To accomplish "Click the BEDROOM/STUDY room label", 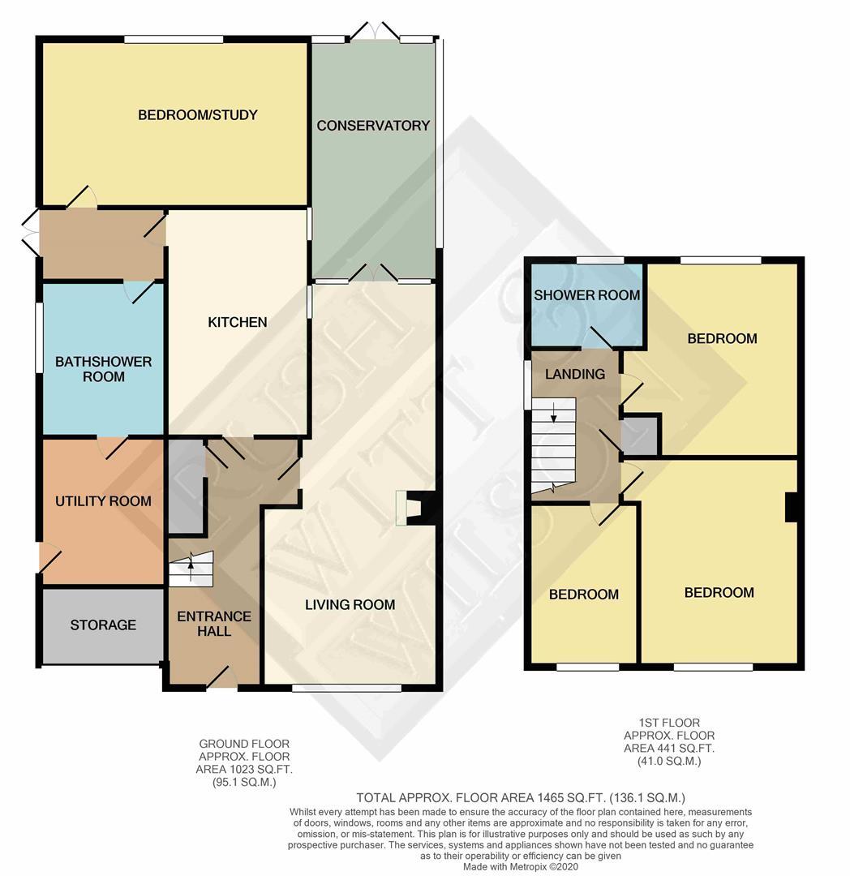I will (x=197, y=115).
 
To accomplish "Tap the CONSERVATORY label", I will (x=373, y=126).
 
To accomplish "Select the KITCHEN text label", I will (x=238, y=323).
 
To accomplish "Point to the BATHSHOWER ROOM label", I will (x=103, y=369).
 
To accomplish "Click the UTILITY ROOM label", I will (x=103, y=501).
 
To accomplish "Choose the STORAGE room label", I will (x=103, y=625).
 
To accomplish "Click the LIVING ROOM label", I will (x=350, y=604).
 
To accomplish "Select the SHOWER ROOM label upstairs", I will (x=586, y=295).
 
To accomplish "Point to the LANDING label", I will (x=574, y=374).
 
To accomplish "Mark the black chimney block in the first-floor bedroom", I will (x=791, y=508).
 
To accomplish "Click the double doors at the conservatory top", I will (x=375, y=32).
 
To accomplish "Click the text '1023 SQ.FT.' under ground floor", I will (x=243, y=770).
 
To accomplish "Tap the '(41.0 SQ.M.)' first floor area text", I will (x=668, y=762).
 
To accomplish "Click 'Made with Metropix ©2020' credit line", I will (x=521, y=867).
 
